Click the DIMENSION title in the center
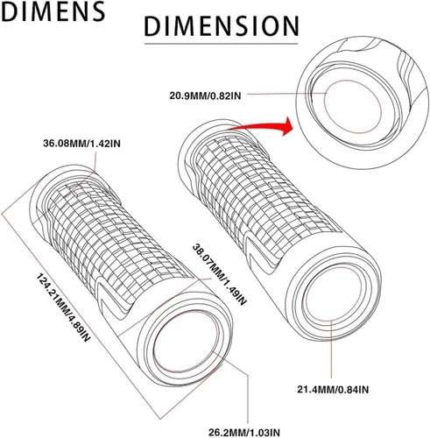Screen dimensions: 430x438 [x=222, y=26]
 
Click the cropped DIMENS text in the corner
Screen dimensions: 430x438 [x=53, y=11]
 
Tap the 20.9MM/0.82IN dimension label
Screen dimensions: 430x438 [x=205, y=95]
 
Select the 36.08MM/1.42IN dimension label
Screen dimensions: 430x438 [x=81, y=144]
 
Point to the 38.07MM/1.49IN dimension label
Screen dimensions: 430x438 [x=220, y=275]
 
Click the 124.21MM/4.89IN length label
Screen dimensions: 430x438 [x=63, y=307]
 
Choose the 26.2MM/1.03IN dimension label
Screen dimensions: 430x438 [x=244, y=432]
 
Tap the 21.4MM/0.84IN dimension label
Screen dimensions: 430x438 [x=333, y=390]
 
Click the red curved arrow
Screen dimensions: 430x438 [x=260, y=126]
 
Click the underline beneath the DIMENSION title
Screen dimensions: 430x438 [x=221, y=44]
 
